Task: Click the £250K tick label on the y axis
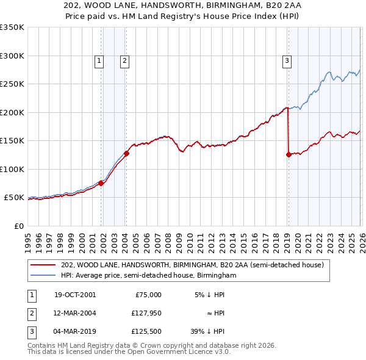click(x=12, y=84)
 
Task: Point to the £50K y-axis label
click(x=14, y=198)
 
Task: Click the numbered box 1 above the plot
click(x=99, y=60)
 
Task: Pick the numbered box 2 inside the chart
click(x=124, y=60)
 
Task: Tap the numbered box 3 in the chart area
click(x=287, y=60)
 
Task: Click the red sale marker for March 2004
click(x=126, y=153)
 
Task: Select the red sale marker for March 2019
click(x=288, y=154)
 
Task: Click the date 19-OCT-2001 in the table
click(x=75, y=295)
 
